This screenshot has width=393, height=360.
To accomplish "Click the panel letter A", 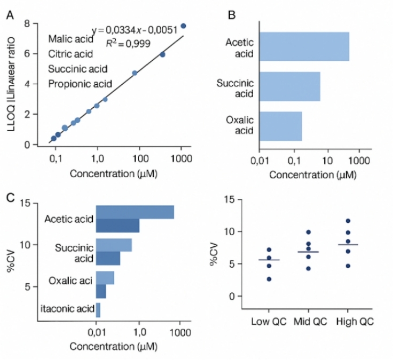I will click(10, 15).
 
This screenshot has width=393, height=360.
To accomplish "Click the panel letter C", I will click(10, 198).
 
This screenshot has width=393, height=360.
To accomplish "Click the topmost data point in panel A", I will click(183, 26).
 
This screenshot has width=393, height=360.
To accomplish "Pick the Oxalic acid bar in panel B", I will click(281, 126).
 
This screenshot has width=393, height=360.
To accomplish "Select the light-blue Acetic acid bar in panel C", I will click(135, 212).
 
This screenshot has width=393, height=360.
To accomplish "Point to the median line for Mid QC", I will click(308, 252).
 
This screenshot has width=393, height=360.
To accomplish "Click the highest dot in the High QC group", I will click(348, 221).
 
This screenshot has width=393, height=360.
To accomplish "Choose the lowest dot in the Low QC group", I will click(269, 279).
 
